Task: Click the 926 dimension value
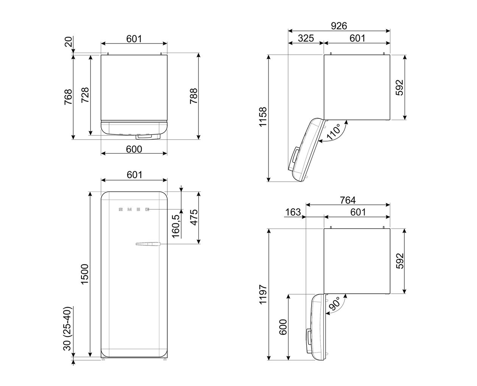(x=339, y=26)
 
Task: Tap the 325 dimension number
(x=306, y=38)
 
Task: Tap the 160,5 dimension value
(x=176, y=226)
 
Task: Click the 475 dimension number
(x=193, y=218)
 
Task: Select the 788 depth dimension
(x=193, y=96)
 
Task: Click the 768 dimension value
(x=68, y=97)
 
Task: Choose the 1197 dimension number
(x=263, y=294)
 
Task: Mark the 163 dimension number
(x=293, y=212)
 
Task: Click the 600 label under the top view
(x=134, y=149)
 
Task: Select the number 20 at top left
(x=69, y=42)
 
